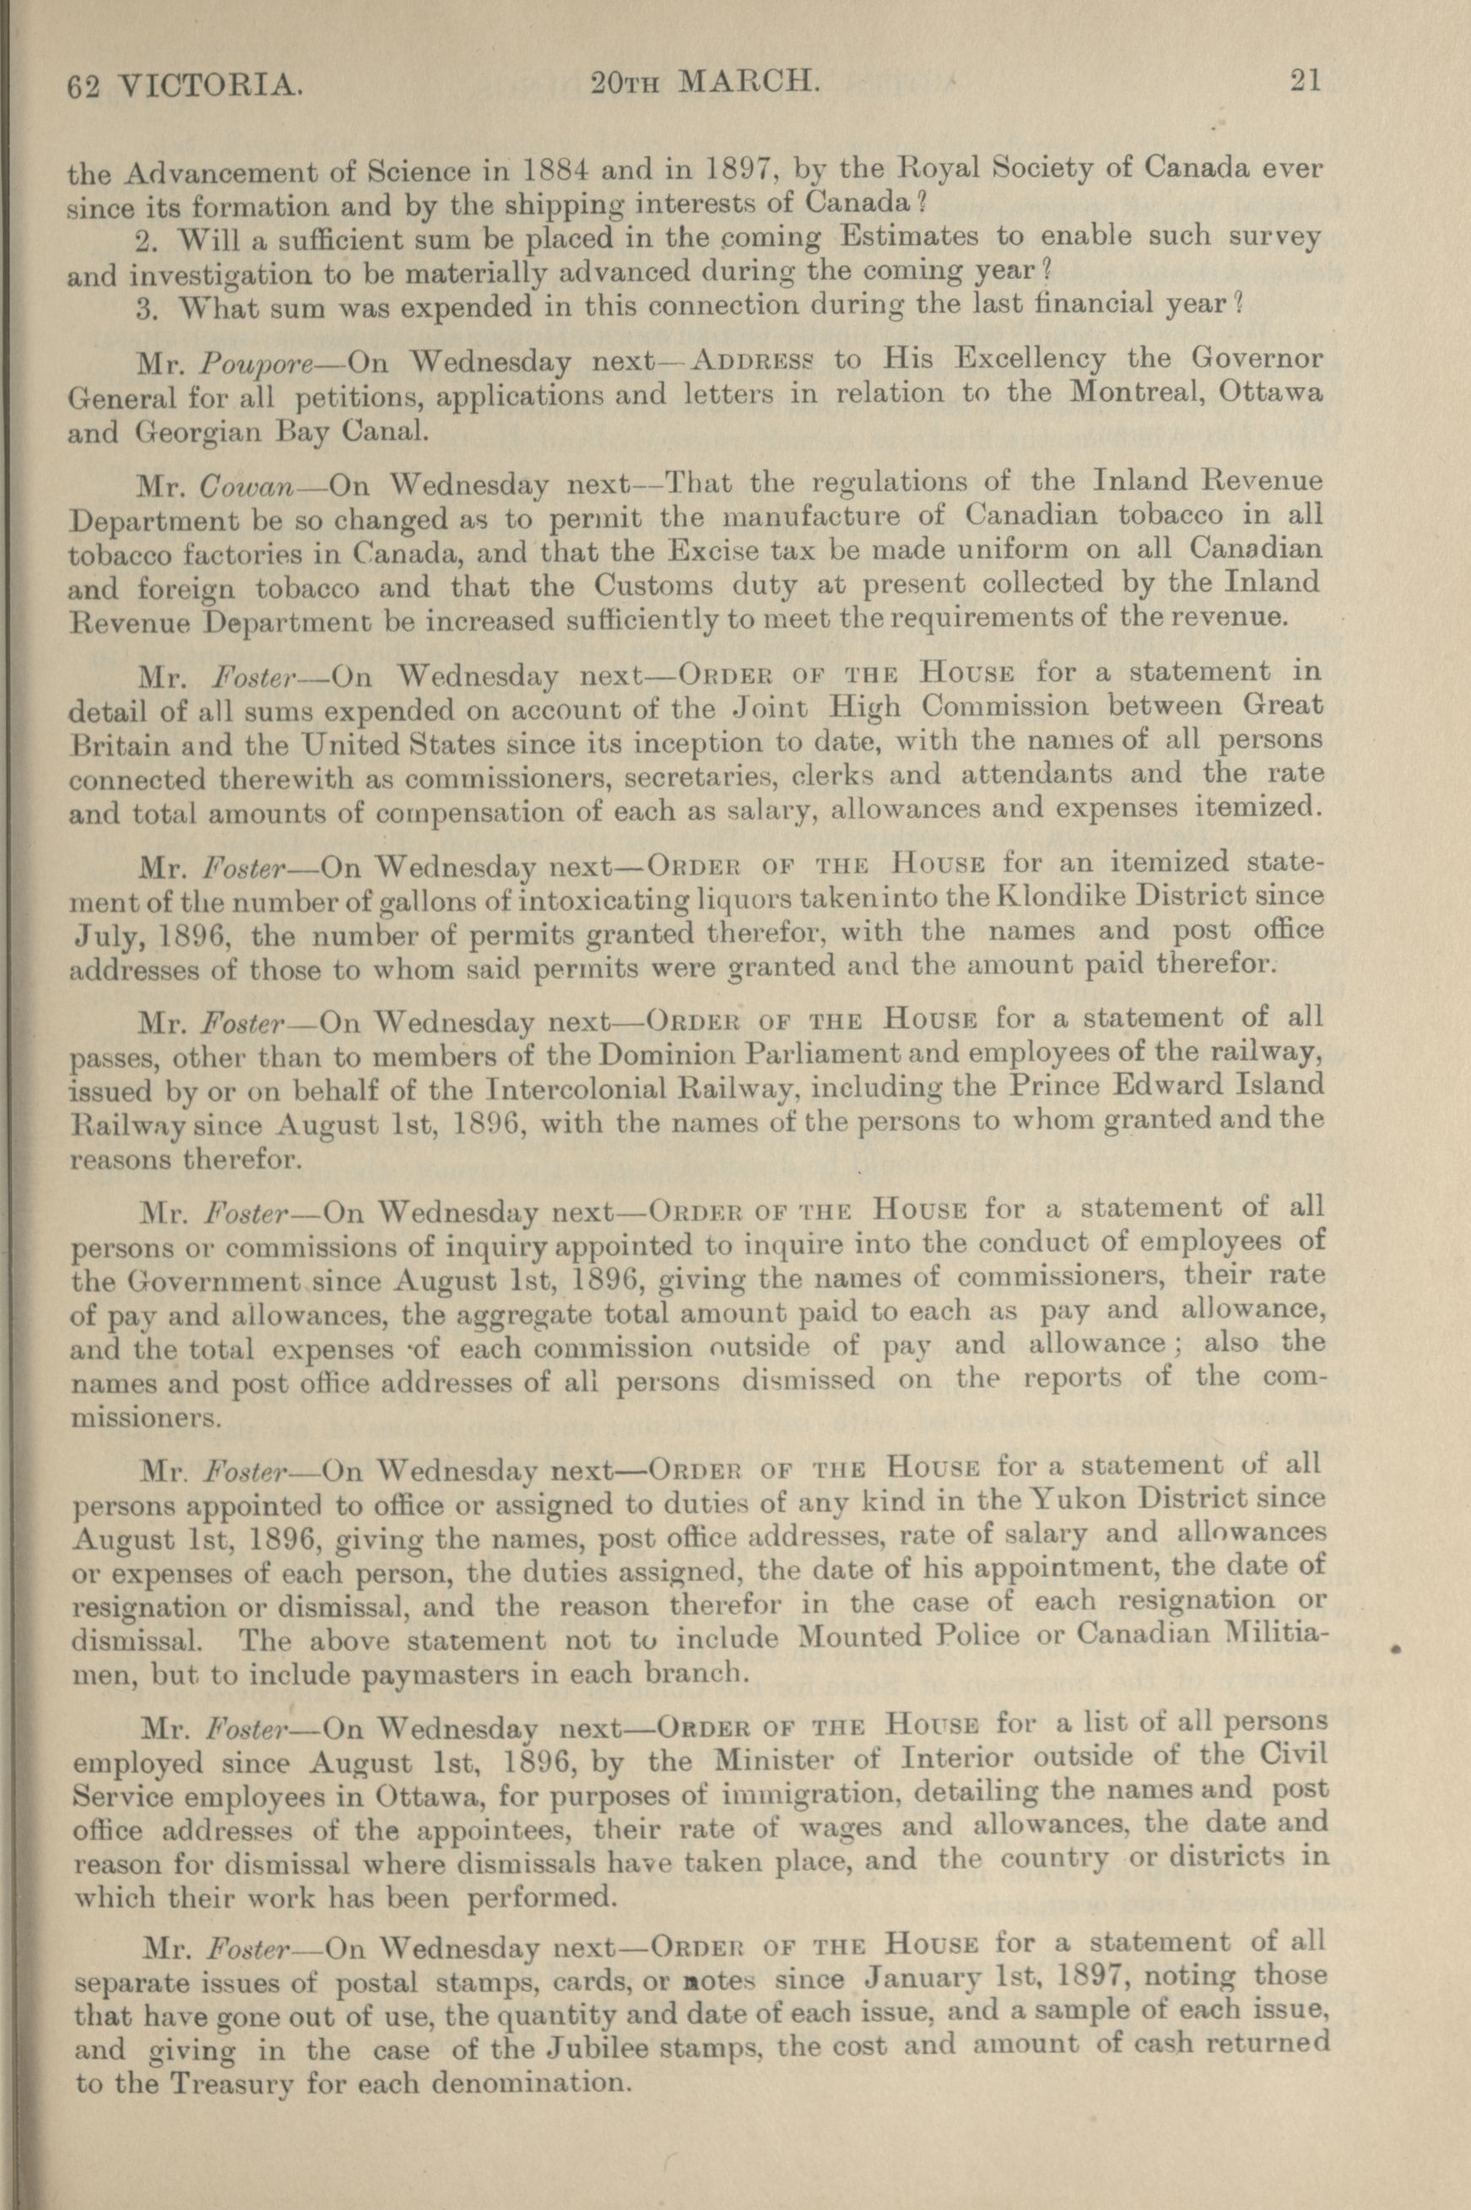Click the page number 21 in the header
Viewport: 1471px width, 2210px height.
click(1305, 82)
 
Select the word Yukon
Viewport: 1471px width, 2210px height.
click(1094, 1498)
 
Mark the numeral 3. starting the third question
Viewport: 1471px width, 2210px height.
click(148, 308)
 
